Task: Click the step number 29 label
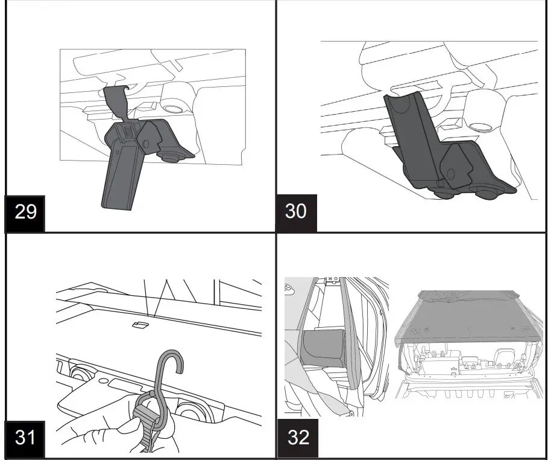[x=25, y=211]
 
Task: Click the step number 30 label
[x=295, y=211]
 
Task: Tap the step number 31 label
[x=25, y=437]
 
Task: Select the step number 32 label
[x=298, y=437]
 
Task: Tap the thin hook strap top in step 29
[x=115, y=97]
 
